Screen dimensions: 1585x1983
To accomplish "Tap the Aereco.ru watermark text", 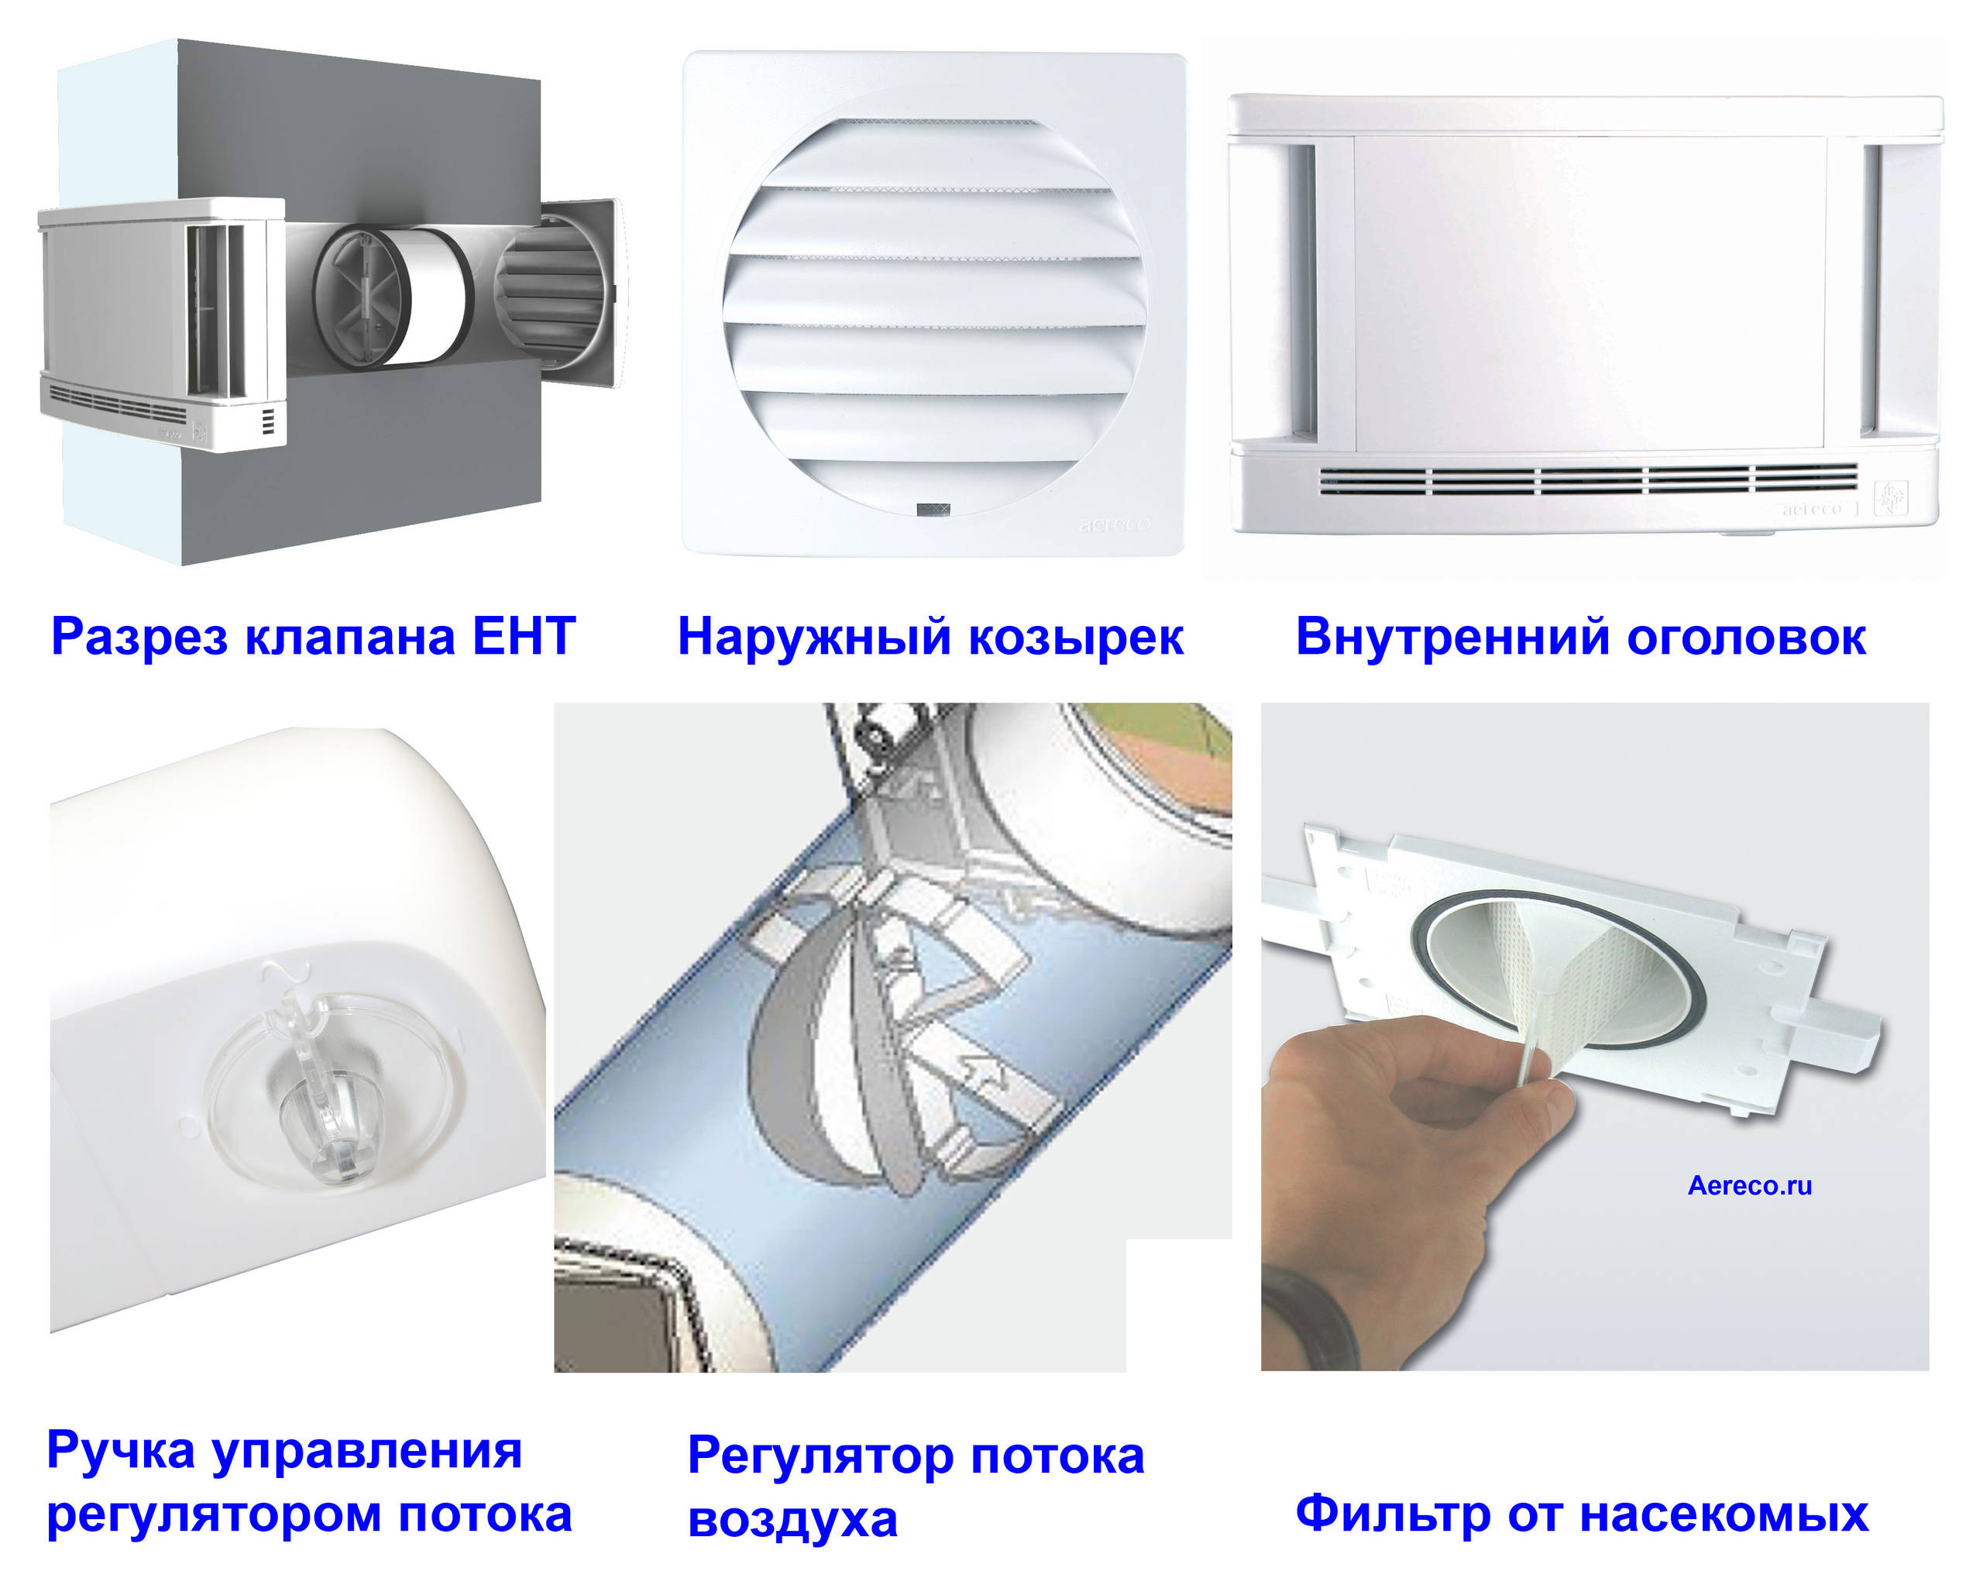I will pos(1748,1186).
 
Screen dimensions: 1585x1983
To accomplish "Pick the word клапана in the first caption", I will pos(349,637).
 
